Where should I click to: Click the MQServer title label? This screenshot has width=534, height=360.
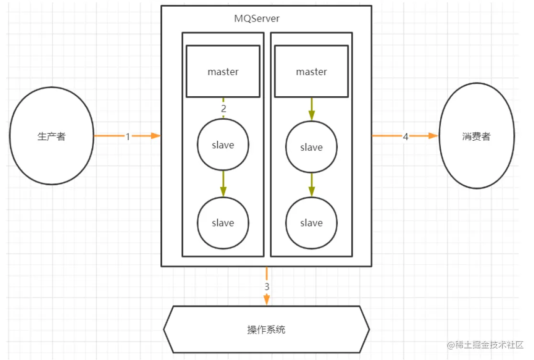point(257,18)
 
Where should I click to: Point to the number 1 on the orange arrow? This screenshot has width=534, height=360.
point(128,136)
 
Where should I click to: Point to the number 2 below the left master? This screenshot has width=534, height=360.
point(223,109)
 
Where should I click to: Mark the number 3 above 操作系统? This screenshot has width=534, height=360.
point(267,287)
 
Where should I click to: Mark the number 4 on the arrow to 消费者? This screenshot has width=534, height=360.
point(405,136)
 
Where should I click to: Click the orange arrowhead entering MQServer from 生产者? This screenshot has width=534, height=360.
point(156,136)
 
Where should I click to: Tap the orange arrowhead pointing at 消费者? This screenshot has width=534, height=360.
point(434,136)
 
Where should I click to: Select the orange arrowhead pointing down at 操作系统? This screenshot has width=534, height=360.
point(267,300)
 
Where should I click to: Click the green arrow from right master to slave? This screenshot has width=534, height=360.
point(311,109)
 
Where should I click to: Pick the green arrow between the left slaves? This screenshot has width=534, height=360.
point(223,184)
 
